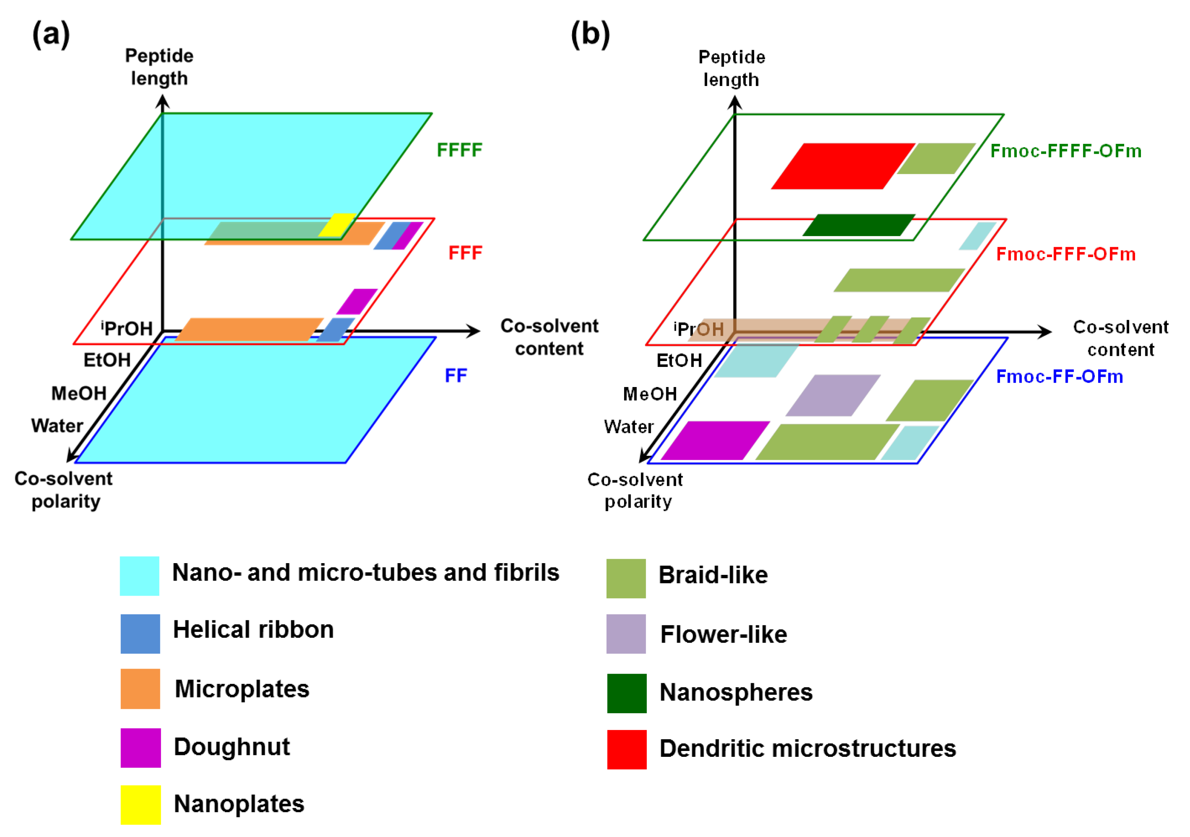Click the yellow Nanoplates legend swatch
point(141,804)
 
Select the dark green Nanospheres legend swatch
point(627,693)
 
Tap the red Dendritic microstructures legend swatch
point(627,749)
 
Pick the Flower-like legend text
point(724,634)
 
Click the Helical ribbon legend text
point(253,629)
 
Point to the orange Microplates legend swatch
point(141,689)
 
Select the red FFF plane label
point(465,253)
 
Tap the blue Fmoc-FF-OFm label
point(1059,376)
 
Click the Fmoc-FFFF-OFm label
point(1066,151)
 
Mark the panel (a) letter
point(51,35)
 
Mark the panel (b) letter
point(590,35)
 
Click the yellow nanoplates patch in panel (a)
point(337,225)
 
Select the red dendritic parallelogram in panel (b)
point(843,166)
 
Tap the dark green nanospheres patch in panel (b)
point(859,225)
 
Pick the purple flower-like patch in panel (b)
point(833,395)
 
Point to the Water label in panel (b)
point(629,427)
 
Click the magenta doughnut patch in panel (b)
point(715,440)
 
